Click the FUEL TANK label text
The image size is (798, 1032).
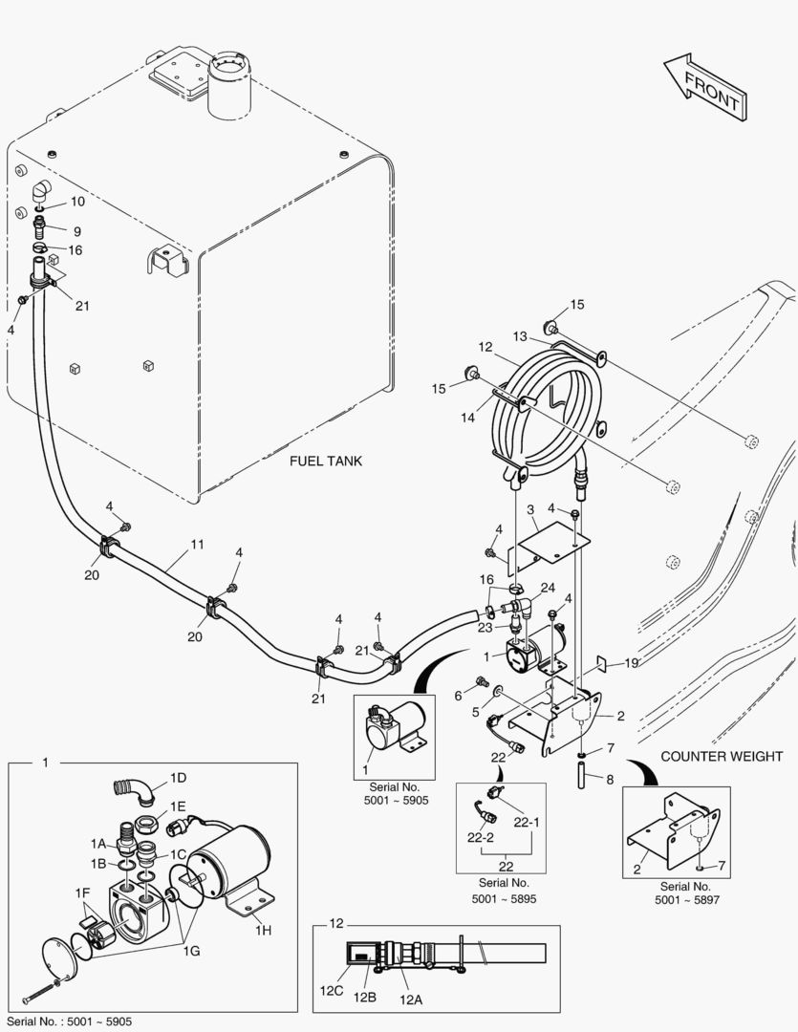(x=326, y=462)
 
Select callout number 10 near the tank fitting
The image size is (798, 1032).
(x=76, y=202)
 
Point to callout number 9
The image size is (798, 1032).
(x=76, y=230)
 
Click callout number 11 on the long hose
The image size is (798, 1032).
(x=197, y=545)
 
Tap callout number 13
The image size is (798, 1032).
(x=519, y=335)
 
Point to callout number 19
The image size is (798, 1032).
(x=632, y=662)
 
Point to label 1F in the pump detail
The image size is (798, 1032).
(x=82, y=892)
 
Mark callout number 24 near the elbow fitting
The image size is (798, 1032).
(x=548, y=587)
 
